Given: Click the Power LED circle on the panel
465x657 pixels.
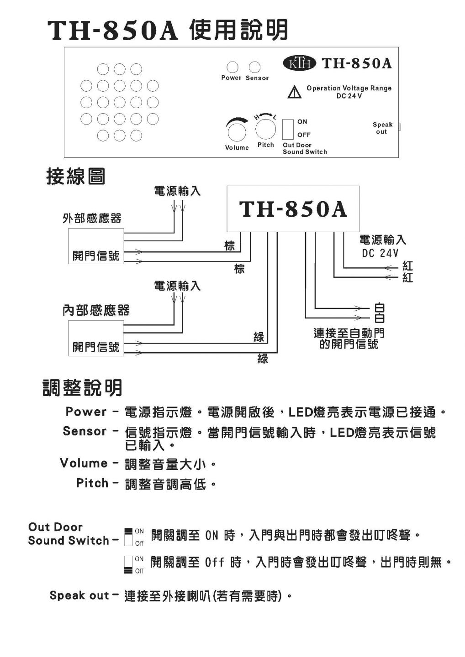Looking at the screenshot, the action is (x=232, y=67).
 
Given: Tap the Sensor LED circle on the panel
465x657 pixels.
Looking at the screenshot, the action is (x=254, y=67).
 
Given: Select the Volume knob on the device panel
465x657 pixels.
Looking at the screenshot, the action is (x=237, y=131).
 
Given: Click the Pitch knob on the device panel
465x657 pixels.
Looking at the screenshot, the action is (x=266, y=129).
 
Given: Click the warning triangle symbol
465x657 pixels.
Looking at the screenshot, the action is (x=295, y=92).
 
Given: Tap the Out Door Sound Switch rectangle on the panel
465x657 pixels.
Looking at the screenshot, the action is (x=288, y=129).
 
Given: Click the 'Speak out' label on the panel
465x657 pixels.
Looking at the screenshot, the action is (x=382, y=128).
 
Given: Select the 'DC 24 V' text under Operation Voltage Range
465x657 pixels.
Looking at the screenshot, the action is (x=349, y=96).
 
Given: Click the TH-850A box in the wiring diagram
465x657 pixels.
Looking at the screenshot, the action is (x=293, y=209).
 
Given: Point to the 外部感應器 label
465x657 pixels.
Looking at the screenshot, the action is (x=92, y=218).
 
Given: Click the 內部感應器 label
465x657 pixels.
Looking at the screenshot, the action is (x=96, y=310).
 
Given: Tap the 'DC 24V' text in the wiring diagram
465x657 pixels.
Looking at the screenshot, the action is (x=380, y=253).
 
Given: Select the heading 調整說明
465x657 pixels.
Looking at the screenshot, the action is (x=82, y=388).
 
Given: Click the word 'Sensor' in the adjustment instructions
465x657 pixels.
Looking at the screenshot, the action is (x=85, y=431).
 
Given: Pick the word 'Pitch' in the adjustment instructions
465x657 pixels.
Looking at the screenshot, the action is (x=92, y=483).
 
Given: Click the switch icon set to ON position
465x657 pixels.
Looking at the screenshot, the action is (x=128, y=537).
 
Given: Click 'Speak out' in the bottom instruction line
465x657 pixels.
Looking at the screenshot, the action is (x=79, y=595).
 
